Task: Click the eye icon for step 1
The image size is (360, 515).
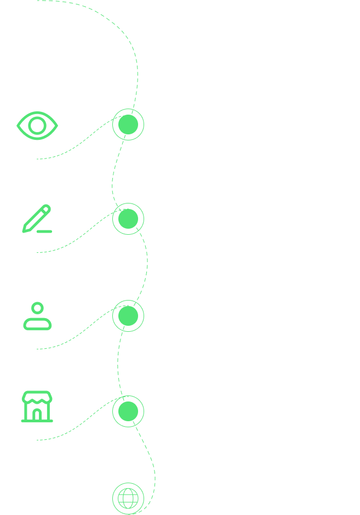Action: click(x=37, y=126)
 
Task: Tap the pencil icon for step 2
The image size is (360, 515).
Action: click(x=37, y=219)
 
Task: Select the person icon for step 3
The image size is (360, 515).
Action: click(x=37, y=316)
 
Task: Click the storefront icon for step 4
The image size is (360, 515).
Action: click(x=37, y=407)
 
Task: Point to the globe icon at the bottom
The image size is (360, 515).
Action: click(x=128, y=498)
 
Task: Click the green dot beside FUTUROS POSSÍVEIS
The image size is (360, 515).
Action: click(x=128, y=124)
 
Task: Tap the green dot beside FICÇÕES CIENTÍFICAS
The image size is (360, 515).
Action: click(x=128, y=219)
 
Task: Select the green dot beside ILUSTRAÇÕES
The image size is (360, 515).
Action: click(x=128, y=315)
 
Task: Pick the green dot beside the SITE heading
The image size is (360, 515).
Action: click(x=128, y=410)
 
